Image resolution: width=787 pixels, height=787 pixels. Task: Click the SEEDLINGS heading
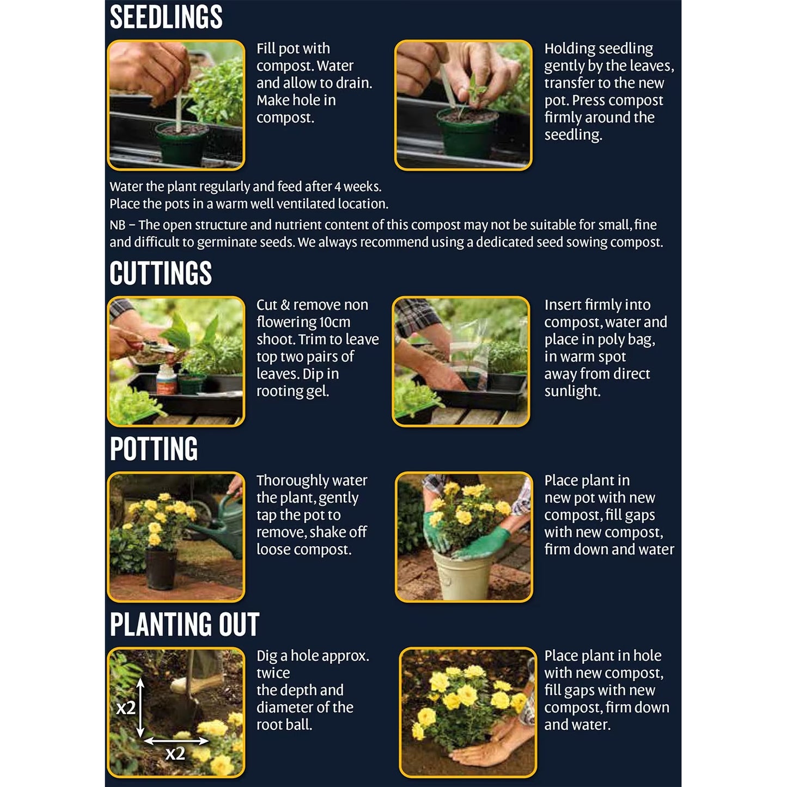coord(166,17)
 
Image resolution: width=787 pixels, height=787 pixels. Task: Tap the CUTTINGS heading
coord(161,273)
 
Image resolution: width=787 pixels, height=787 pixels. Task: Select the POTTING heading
coord(154,449)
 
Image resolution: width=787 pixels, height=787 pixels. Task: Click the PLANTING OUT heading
coord(184,625)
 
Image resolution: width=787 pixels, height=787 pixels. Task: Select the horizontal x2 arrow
coord(176,741)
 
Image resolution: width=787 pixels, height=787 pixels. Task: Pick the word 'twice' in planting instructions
coord(273,673)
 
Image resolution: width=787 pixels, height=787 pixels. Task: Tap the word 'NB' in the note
coord(117,225)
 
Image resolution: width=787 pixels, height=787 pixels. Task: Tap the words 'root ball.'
coord(284,725)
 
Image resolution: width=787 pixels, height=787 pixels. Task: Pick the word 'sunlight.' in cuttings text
coord(572,391)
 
